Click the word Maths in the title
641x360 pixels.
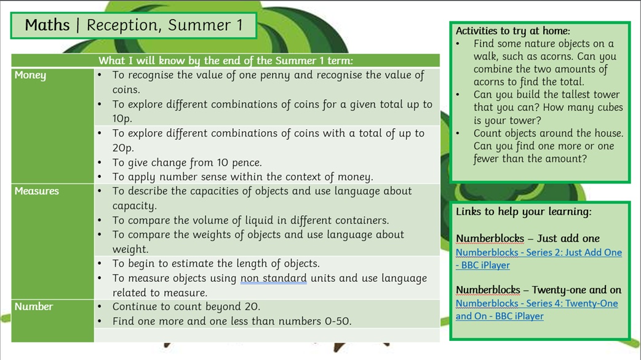tap(47, 25)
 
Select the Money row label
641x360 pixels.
tap(30, 75)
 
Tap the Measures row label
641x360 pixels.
tap(37, 191)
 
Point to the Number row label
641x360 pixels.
tap(33, 307)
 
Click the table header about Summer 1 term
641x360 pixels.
tap(226, 60)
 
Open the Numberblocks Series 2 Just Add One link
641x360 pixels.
tap(539, 258)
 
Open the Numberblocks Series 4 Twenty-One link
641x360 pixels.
tap(537, 310)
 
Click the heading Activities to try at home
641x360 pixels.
tap(512, 31)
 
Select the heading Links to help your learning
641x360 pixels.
tap(524, 212)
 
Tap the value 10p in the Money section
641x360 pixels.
tap(122, 119)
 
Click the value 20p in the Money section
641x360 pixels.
tap(123, 148)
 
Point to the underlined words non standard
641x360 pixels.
tap(274, 278)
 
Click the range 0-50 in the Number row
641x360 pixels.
tap(338, 322)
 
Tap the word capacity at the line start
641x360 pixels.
tap(135, 206)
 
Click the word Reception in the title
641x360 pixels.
tap(122, 25)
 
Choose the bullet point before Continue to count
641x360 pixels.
tap(100, 307)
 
